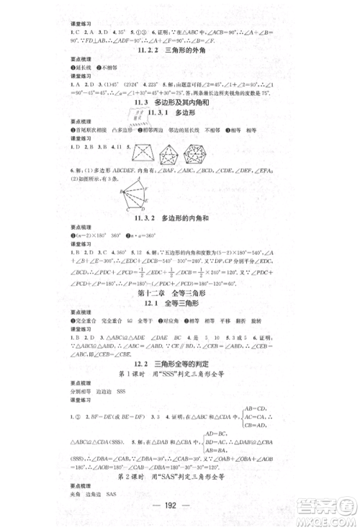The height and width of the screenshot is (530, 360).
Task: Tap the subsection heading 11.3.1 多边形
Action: (179, 114)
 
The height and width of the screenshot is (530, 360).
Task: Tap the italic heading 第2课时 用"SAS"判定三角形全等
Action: (179, 477)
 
